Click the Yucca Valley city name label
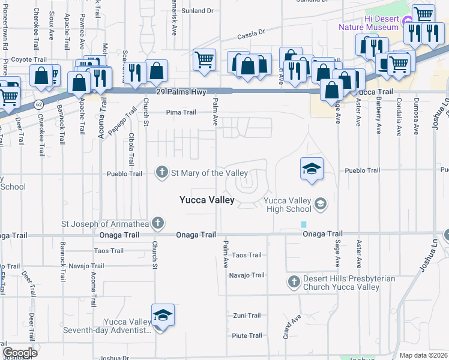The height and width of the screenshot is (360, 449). click(207, 200)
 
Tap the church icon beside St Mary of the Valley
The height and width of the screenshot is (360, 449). click(161, 173)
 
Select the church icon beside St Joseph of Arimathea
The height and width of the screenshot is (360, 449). click(157, 224)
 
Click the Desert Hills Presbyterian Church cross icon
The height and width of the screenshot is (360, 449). click(294, 281)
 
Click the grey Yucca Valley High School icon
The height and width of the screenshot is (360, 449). click(321, 205)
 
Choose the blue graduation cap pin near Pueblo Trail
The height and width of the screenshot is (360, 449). click(312, 169)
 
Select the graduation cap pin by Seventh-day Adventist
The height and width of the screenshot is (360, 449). click(161, 316)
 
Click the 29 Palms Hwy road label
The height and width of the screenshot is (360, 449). click(178, 92)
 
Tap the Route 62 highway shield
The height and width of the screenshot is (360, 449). click(39, 104)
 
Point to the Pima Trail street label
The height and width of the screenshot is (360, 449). click(181, 112)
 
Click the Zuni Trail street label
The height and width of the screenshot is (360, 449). click(247, 316)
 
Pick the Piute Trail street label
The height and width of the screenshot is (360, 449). click(247, 335)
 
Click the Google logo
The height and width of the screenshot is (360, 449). click(19, 353)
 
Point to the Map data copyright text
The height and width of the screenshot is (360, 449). click(423, 355)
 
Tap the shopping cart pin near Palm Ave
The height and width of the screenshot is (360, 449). click(204, 60)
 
